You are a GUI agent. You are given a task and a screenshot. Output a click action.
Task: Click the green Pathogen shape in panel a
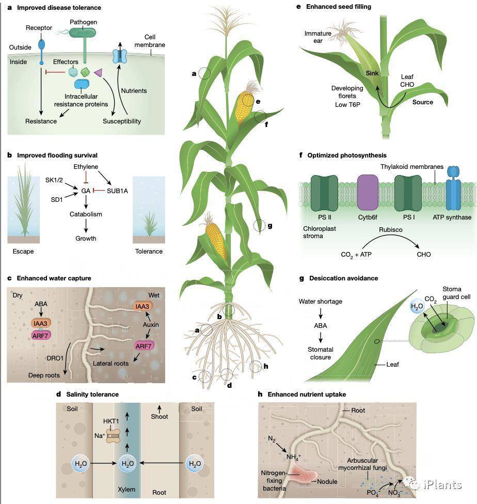click(x=83, y=33)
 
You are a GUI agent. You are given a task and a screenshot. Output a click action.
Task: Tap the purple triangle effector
click(x=98, y=73)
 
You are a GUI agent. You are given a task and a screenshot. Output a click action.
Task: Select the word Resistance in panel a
click(x=41, y=121)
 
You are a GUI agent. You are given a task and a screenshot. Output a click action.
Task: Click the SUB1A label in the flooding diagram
click(x=117, y=191)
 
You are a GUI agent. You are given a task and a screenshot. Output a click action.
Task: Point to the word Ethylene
click(x=86, y=166)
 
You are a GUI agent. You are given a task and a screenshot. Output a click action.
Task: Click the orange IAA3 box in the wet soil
click(x=142, y=306)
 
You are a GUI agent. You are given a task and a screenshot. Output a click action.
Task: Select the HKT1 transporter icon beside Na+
click(x=113, y=435)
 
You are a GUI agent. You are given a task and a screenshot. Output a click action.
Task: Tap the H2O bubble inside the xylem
click(x=128, y=464)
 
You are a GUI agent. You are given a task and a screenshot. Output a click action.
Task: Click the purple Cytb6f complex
click(x=368, y=193)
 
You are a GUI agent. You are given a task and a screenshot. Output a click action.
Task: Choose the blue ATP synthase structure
click(x=453, y=188)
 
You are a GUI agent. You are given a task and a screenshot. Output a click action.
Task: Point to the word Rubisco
click(x=391, y=230)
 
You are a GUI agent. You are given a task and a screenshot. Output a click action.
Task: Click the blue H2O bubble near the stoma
click(x=417, y=307)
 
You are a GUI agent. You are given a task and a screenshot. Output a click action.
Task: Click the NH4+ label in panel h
click(x=293, y=456)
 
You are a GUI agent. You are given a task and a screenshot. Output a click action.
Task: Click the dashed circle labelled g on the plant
click(x=259, y=226)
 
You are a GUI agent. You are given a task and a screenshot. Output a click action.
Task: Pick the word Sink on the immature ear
click(x=372, y=73)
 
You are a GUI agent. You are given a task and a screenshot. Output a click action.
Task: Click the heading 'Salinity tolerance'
click(x=92, y=395)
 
